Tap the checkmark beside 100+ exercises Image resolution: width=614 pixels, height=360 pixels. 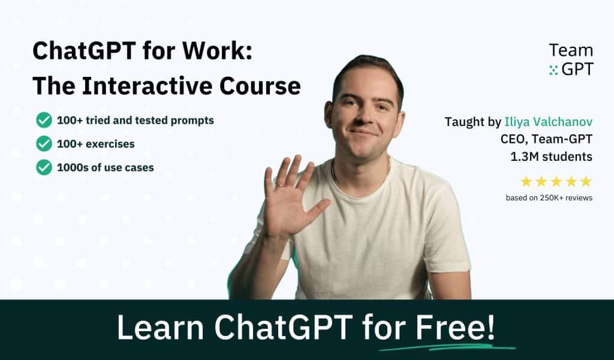tap(44, 143)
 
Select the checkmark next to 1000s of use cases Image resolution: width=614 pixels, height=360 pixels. tap(44, 167)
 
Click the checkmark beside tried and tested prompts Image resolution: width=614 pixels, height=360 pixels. tap(44, 120)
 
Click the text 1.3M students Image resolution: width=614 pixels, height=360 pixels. tap(555, 157)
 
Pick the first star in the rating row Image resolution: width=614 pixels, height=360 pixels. tap(526, 181)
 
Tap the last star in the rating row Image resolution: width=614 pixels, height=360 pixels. tap(586, 181)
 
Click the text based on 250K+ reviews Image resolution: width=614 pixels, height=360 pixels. tap(549, 197)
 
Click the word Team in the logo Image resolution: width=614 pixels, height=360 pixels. tap(570, 50)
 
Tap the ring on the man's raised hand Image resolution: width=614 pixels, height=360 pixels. tap(280, 185)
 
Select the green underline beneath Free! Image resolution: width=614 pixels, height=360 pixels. tap(447, 347)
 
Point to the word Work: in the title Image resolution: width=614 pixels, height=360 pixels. tap(218, 51)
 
